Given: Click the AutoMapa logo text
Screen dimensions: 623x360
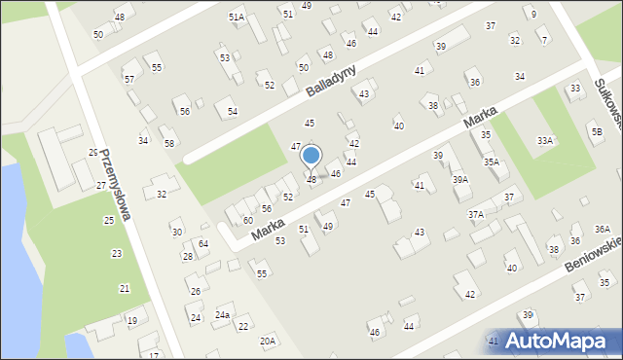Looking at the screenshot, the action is click(x=563, y=341).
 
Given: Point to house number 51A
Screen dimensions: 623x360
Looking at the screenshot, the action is click(x=237, y=18).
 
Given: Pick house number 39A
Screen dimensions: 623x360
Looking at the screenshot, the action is click(x=459, y=180).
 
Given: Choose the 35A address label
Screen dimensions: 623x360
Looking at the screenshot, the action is click(x=492, y=162).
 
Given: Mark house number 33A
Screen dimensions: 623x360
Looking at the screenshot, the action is click(x=545, y=141).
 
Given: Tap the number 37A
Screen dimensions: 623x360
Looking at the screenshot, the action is click(x=476, y=214).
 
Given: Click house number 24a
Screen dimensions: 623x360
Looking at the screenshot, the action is click(x=222, y=315).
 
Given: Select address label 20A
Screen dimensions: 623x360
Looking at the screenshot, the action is click(x=267, y=341).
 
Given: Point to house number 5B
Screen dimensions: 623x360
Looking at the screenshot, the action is click(x=596, y=130).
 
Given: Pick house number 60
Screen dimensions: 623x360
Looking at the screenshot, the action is click(x=248, y=221).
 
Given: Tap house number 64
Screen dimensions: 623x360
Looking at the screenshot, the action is click(x=203, y=243).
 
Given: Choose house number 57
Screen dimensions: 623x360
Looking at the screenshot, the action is click(x=129, y=79).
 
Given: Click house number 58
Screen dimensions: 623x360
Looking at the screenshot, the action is click(x=169, y=144).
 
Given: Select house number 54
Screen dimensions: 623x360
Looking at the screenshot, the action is click(x=233, y=112).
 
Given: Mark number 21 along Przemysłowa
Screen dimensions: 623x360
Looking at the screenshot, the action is click(x=125, y=289).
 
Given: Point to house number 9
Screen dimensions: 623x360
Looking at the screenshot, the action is click(x=533, y=14).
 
